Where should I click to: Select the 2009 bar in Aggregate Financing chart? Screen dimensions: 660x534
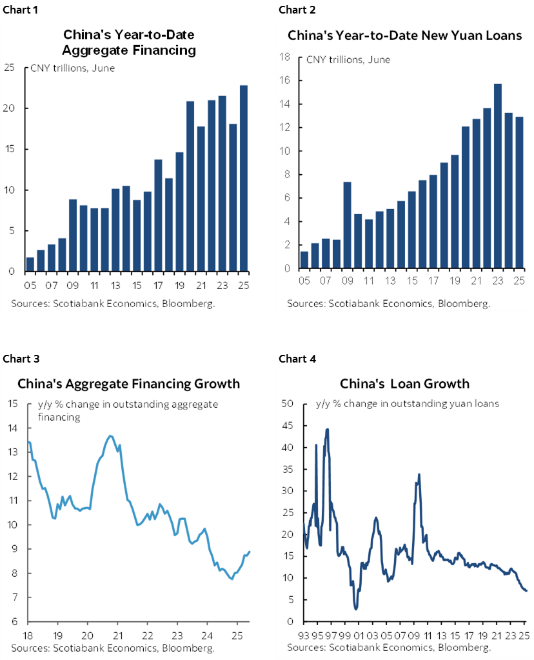(x=73, y=235)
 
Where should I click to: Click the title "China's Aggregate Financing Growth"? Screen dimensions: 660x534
(x=128, y=384)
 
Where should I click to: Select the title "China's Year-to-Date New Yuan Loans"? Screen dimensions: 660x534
(x=404, y=35)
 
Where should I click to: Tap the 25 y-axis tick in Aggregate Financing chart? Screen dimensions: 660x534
(x=10, y=67)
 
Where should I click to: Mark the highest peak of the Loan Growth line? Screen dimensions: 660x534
(x=328, y=429)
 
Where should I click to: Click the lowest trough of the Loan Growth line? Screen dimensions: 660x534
(x=356, y=608)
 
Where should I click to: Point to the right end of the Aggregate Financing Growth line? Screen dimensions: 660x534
(x=250, y=552)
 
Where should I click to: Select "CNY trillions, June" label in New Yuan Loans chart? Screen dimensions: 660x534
(x=348, y=61)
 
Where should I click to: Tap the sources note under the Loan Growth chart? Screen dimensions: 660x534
(x=389, y=647)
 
